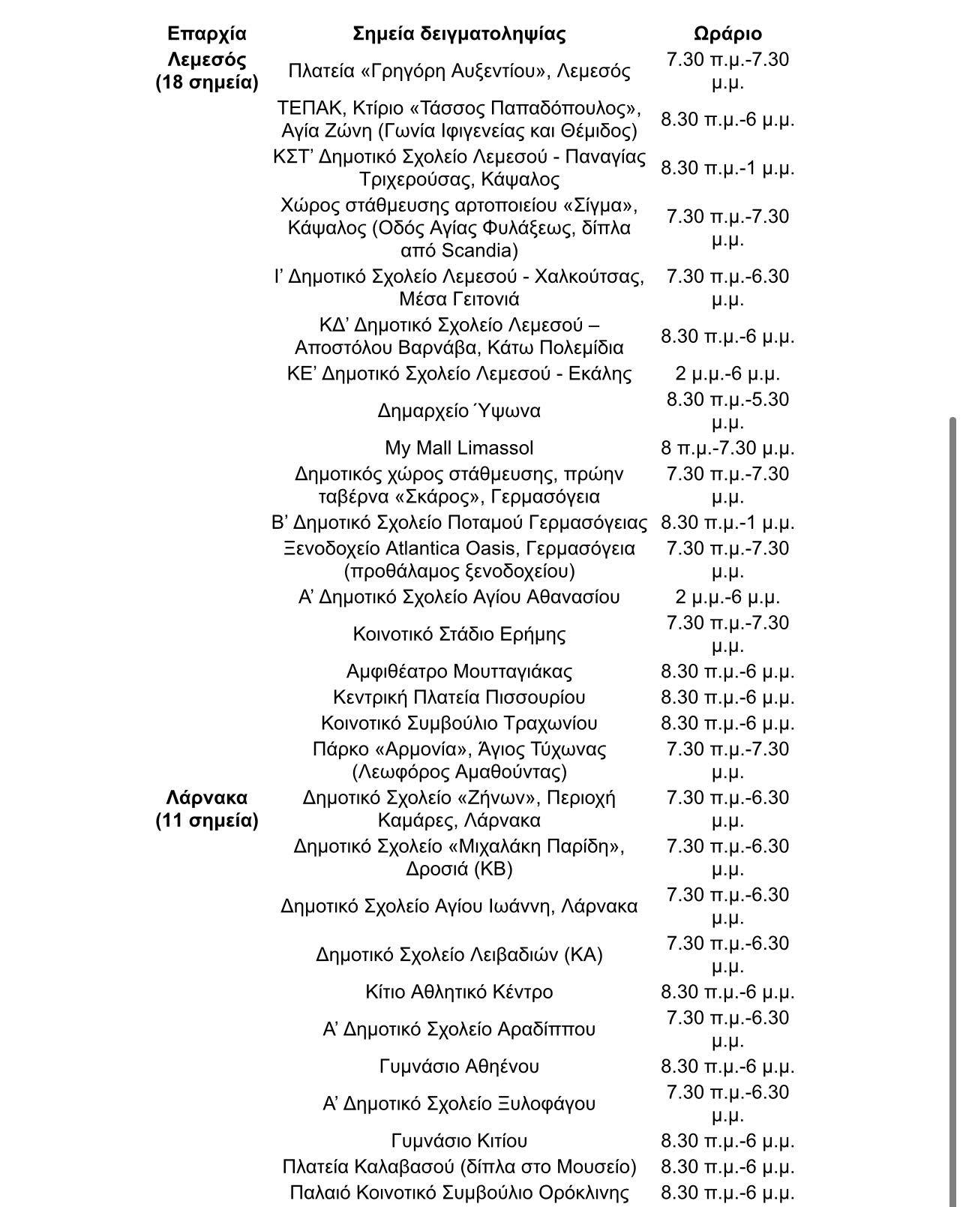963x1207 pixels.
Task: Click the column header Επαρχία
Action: pyautogui.click(x=206, y=34)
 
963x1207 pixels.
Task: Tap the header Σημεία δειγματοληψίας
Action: pyautogui.click(x=459, y=34)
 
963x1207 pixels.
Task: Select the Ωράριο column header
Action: pyautogui.click(x=727, y=34)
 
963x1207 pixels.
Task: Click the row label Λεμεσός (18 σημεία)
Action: pyautogui.click(x=206, y=71)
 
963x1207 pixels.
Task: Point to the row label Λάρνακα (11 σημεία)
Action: pyautogui.click(x=206, y=809)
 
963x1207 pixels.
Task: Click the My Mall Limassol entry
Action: pyautogui.click(x=459, y=448)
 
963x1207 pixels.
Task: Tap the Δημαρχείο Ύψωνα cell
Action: pyautogui.click(x=459, y=411)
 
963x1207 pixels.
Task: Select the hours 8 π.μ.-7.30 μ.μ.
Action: pyautogui.click(x=727, y=448)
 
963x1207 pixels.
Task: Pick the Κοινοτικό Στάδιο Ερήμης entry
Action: pyautogui.click(x=459, y=634)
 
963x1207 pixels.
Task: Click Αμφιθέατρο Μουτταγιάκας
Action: pyautogui.click(x=459, y=671)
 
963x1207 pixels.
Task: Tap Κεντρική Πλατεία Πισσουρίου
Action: pyautogui.click(x=459, y=697)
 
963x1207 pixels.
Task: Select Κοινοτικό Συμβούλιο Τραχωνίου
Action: pyautogui.click(x=459, y=723)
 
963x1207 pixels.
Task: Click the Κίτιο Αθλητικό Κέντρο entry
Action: pyautogui.click(x=459, y=992)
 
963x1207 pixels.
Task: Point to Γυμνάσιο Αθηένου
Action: pyautogui.click(x=459, y=1066)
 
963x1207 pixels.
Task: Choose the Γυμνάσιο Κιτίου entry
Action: pyautogui.click(x=459, y=1140)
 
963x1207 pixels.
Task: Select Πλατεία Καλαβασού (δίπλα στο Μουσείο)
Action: pyautogui.click(x=459, y=1166)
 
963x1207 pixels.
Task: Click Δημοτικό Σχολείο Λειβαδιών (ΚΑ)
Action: pyautogui.click(x=459, y=955)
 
